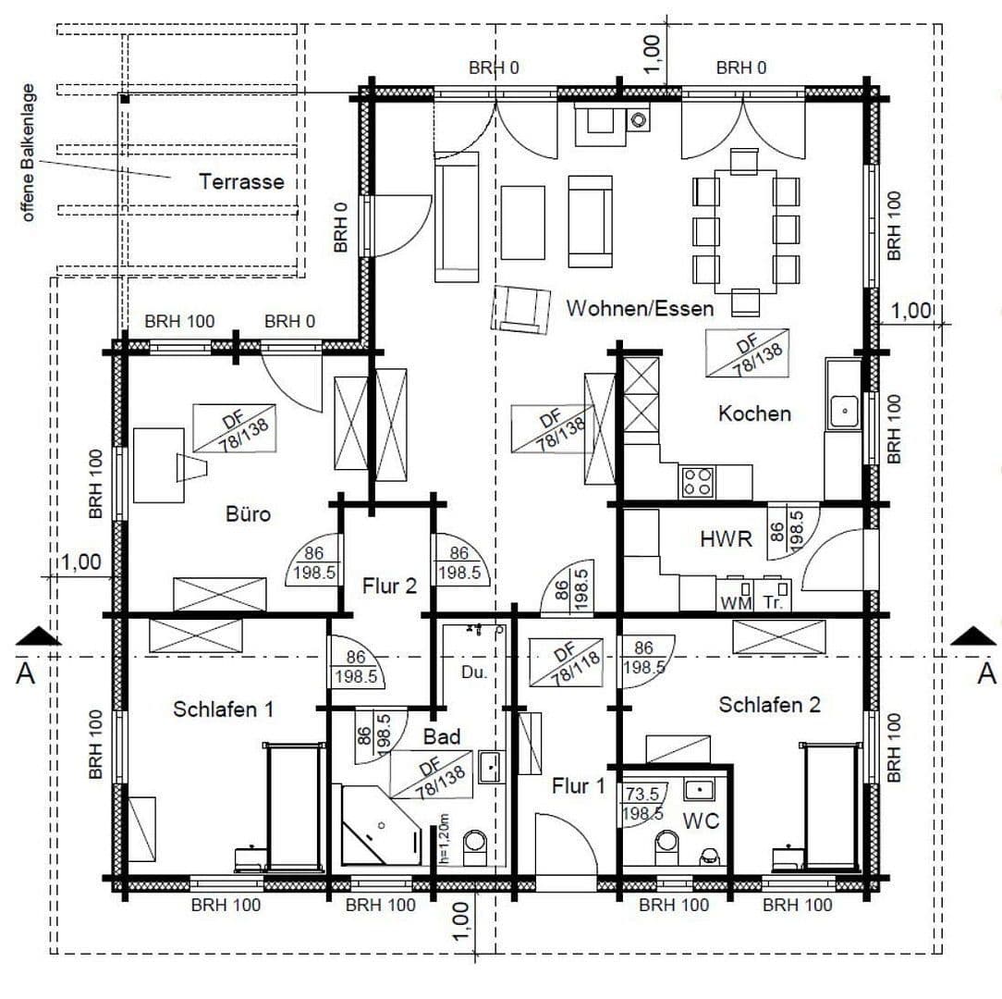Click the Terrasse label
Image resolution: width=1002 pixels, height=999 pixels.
(241, 181)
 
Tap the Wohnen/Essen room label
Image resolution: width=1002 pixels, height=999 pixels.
(640, 308)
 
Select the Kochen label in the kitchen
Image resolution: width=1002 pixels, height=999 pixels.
(754, 413)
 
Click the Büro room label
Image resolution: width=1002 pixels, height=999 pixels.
(248, 512)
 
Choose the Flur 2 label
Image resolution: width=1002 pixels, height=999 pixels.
(388, 586)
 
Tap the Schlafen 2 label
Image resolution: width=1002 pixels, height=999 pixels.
(770, 705)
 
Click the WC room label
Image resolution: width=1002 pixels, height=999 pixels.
(700, 820)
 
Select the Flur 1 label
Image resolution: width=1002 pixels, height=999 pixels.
(578, 786)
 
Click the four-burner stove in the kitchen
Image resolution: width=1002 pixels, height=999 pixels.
(697, 481)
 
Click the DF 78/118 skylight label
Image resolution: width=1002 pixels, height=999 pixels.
(565, 663)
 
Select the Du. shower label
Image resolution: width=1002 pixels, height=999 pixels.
(473, 672)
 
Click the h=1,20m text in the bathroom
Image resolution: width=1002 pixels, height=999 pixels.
(445, 836)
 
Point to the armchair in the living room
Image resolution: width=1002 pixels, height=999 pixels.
(519, 308)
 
